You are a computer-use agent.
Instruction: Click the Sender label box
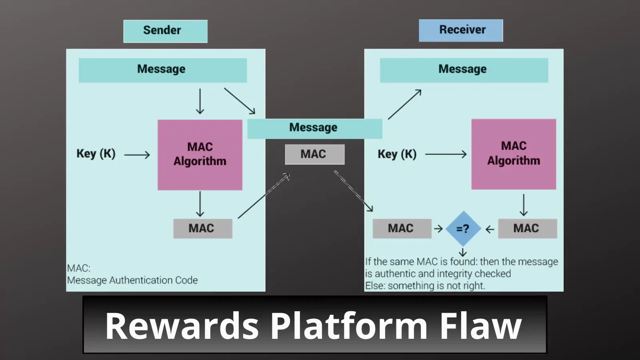(165, 31)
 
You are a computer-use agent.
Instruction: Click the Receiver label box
(461, 30)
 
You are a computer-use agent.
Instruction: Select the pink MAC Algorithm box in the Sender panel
(200, 155)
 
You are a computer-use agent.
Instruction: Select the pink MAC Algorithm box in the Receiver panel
(514, 154)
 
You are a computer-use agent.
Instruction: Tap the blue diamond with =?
(463, 228)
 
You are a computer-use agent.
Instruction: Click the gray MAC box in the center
(314, 154)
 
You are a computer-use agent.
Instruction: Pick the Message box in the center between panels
(314, 128)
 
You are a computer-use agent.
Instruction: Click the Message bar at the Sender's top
(162, 70)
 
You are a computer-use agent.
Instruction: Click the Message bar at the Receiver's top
(464, 70)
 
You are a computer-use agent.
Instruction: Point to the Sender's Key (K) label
(96, 154)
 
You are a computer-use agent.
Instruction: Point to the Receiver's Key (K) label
(397, 154)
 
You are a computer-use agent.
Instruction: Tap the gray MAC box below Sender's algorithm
(202, 228)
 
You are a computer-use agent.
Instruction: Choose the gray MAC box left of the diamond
(402, 228)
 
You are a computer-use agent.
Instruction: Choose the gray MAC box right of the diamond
(527, 228)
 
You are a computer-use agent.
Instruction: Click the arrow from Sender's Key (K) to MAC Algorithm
(137, 155)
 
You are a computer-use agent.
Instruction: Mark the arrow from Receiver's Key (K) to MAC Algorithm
(446, 154)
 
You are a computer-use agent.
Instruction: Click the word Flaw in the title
(481, 326)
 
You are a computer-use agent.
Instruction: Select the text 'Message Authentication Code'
(132, 280)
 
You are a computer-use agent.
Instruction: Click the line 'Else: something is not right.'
(425, 286)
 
